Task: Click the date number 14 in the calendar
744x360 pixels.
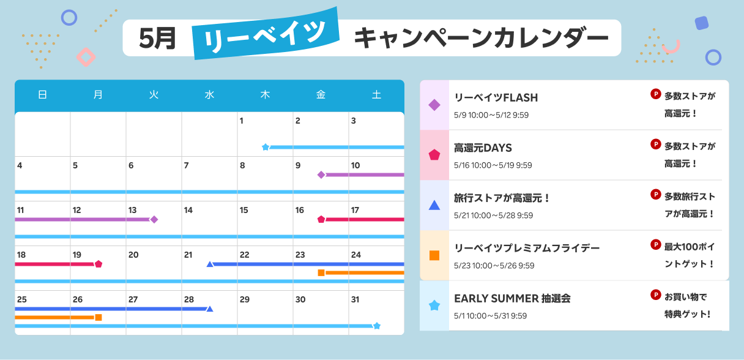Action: click(x=188, y=210)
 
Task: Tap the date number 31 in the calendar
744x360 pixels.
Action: click(x=355, y=299)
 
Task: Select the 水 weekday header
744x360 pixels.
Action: click(x=209, y=95)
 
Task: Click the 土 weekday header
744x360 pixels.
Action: click(x=376, y=95)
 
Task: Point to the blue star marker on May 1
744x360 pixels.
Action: click(x=266, y=147)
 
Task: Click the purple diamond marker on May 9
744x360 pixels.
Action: click(x=321, y=174)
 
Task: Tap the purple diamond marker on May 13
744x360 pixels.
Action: click(x=154, y=219)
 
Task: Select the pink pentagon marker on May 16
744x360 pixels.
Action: click(x=321, y=219)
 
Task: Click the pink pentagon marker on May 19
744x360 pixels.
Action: click(x=99, y=264)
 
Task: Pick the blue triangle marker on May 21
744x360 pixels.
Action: click(x=210, y=264)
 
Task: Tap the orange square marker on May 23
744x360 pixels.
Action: click(x=321, y=272)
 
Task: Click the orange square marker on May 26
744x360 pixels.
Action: click(x=99, y=318)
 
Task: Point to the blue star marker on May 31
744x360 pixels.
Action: click(x=377, y=326)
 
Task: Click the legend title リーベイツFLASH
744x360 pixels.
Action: click(x=496, y=98)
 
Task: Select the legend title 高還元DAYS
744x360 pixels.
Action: click(x=483, y=148)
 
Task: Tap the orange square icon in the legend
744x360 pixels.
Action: click(x=434, y=255)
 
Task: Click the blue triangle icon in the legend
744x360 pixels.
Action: click(x=434, y=205)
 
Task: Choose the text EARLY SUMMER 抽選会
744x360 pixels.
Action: click(x=512, y=299)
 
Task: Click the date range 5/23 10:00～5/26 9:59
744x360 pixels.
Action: click(x=494, y=266)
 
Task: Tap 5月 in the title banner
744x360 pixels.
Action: click(x=157, y=38)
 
